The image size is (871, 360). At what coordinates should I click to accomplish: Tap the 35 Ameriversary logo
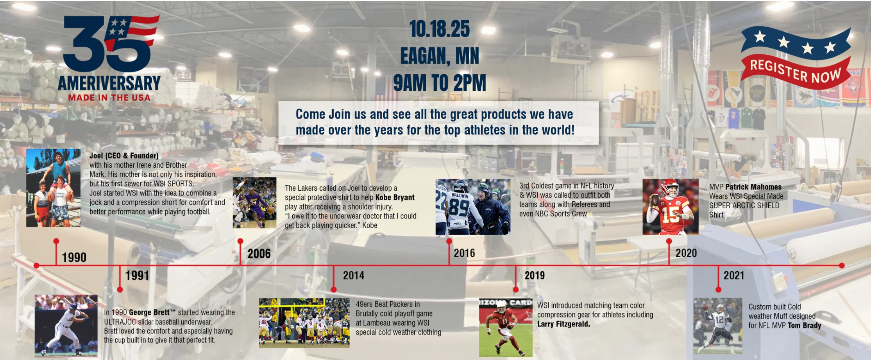(109, 58)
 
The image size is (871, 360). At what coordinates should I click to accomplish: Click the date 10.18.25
(440, 29)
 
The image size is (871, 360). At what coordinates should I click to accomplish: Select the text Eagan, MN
(440, 56)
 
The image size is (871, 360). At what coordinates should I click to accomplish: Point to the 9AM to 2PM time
(440, 82)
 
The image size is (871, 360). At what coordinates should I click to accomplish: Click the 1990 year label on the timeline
(74, 258)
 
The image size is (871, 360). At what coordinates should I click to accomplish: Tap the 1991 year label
(137, 276)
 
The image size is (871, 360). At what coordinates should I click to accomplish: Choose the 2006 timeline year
(259, 254)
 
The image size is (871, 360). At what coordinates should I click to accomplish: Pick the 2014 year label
(354, 276)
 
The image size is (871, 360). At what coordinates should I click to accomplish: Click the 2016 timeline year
(464, 253)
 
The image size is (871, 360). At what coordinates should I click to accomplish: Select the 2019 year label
(535, 276)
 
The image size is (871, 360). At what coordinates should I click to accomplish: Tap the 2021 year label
(734, 276)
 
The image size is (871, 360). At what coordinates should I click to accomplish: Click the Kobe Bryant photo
(254, 202)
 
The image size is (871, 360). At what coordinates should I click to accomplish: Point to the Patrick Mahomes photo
(671, 207)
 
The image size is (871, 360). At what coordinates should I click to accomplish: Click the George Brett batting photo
(66, 326)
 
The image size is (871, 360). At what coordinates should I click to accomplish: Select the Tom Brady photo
(718, 326)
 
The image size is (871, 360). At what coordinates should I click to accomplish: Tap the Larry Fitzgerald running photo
(506, 328)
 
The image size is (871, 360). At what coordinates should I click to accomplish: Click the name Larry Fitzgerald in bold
(563, 324)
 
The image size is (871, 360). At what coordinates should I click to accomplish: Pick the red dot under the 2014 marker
(333, 290)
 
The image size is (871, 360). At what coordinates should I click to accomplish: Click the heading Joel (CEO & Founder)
(124, 156)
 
